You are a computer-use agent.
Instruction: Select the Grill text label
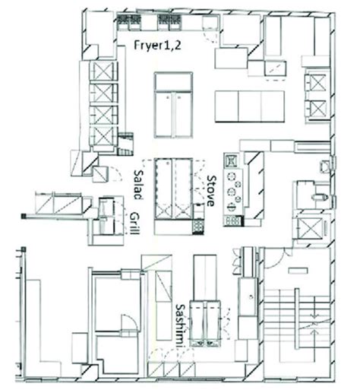[x=135, y=224]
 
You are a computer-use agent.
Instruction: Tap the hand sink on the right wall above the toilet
[x=325, y=164]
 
